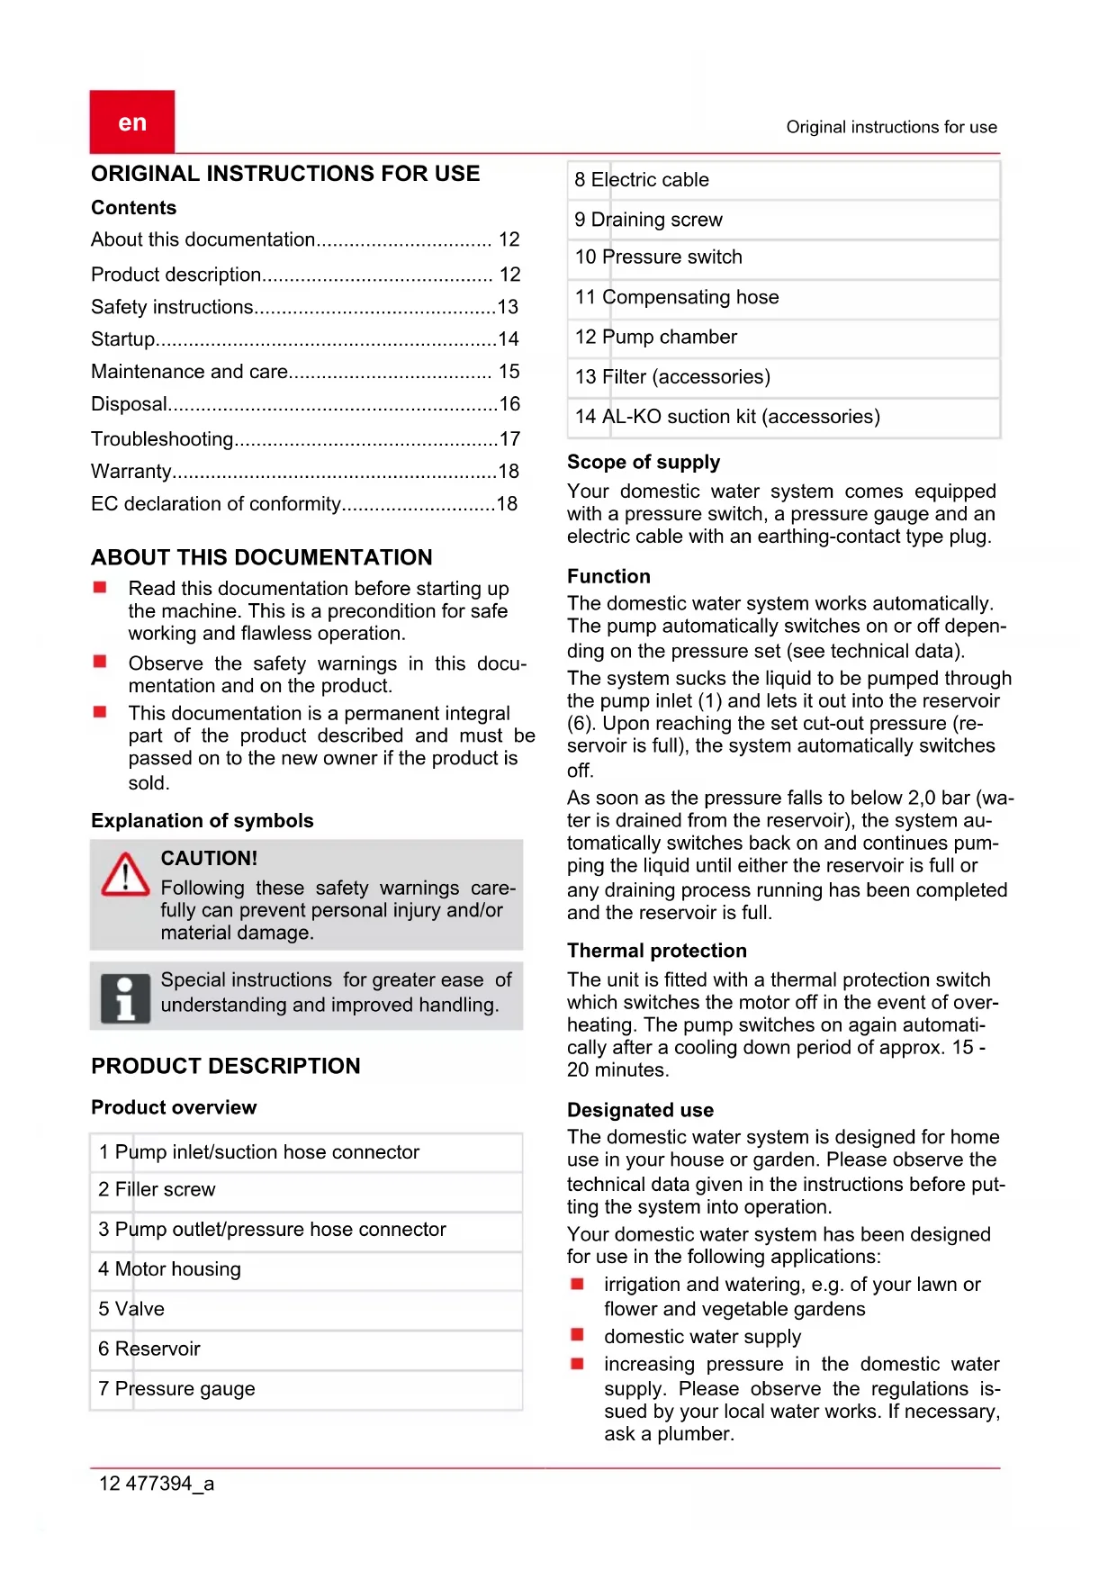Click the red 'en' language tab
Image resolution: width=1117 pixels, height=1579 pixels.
click(x=132, y=122)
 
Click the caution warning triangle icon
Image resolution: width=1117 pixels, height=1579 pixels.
click(x=125, y=875)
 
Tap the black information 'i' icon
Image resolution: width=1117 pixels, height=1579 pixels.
click(x=125, y=997)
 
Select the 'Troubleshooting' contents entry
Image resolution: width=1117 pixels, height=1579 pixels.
click(x=162, y=439)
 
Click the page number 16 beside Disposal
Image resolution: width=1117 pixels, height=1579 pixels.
click(x=509, y=404)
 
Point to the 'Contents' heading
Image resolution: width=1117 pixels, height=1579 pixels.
click(x=134, y=208)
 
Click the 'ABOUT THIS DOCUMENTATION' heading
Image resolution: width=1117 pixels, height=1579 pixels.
click(x=262, y=557)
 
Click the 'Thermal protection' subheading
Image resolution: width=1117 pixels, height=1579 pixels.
click(x=657, y=951)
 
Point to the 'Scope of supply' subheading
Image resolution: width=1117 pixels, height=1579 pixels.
click(x=644, y=462)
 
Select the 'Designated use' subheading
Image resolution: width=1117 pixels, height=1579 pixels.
click(x=640, y=1110)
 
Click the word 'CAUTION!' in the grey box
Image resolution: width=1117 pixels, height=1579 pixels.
click(x=209, y=859)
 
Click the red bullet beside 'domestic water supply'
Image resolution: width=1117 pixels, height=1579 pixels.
click(x=578, y=1335)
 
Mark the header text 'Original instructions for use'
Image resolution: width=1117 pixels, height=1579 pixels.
click(x=891, y=127)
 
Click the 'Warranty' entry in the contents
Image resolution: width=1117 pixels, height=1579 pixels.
click(x=131, y=472)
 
